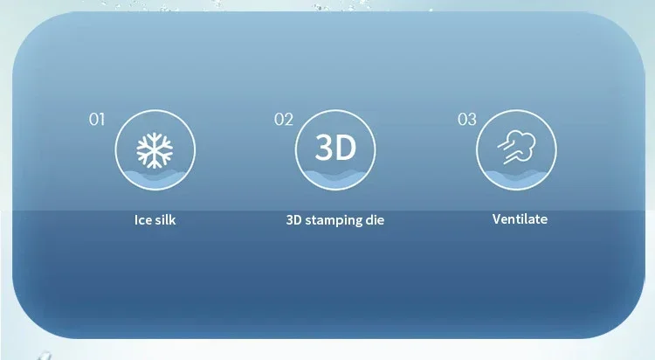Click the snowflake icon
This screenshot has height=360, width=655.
(155, 150)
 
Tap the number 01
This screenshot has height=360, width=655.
(96, 120)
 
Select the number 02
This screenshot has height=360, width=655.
(284, 120)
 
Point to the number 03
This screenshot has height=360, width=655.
(467, 120)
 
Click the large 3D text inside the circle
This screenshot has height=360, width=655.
(335, 147)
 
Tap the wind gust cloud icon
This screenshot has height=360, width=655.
(516, 147)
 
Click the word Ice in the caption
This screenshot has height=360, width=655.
(141, 220)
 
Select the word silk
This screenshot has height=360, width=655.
(164, 220)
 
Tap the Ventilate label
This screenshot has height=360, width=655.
(520, 219)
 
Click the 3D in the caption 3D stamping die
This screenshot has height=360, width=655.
(294, 220)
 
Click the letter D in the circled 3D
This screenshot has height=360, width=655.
(347, 147)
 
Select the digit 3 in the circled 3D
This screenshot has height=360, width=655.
(324, 147)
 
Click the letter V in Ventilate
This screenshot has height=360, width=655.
(496, 219)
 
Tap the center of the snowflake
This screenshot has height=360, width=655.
(155, 150)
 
